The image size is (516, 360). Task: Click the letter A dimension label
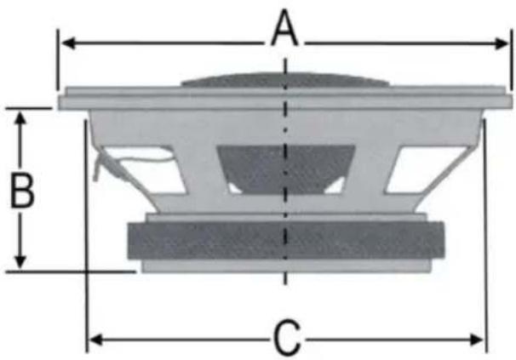tap(285, 28)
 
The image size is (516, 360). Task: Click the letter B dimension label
tap(22, 191)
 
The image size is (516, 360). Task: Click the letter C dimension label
tap(287, 337)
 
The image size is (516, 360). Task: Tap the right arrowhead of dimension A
tap(502, 43)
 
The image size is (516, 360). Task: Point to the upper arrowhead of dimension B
tap(20, 118)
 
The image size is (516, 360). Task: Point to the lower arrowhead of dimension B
tap(20, 261)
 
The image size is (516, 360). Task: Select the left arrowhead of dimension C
tap(96, 340)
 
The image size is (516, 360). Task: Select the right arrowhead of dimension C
tap(477, 340)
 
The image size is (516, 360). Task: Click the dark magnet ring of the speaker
tap(285, 241)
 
